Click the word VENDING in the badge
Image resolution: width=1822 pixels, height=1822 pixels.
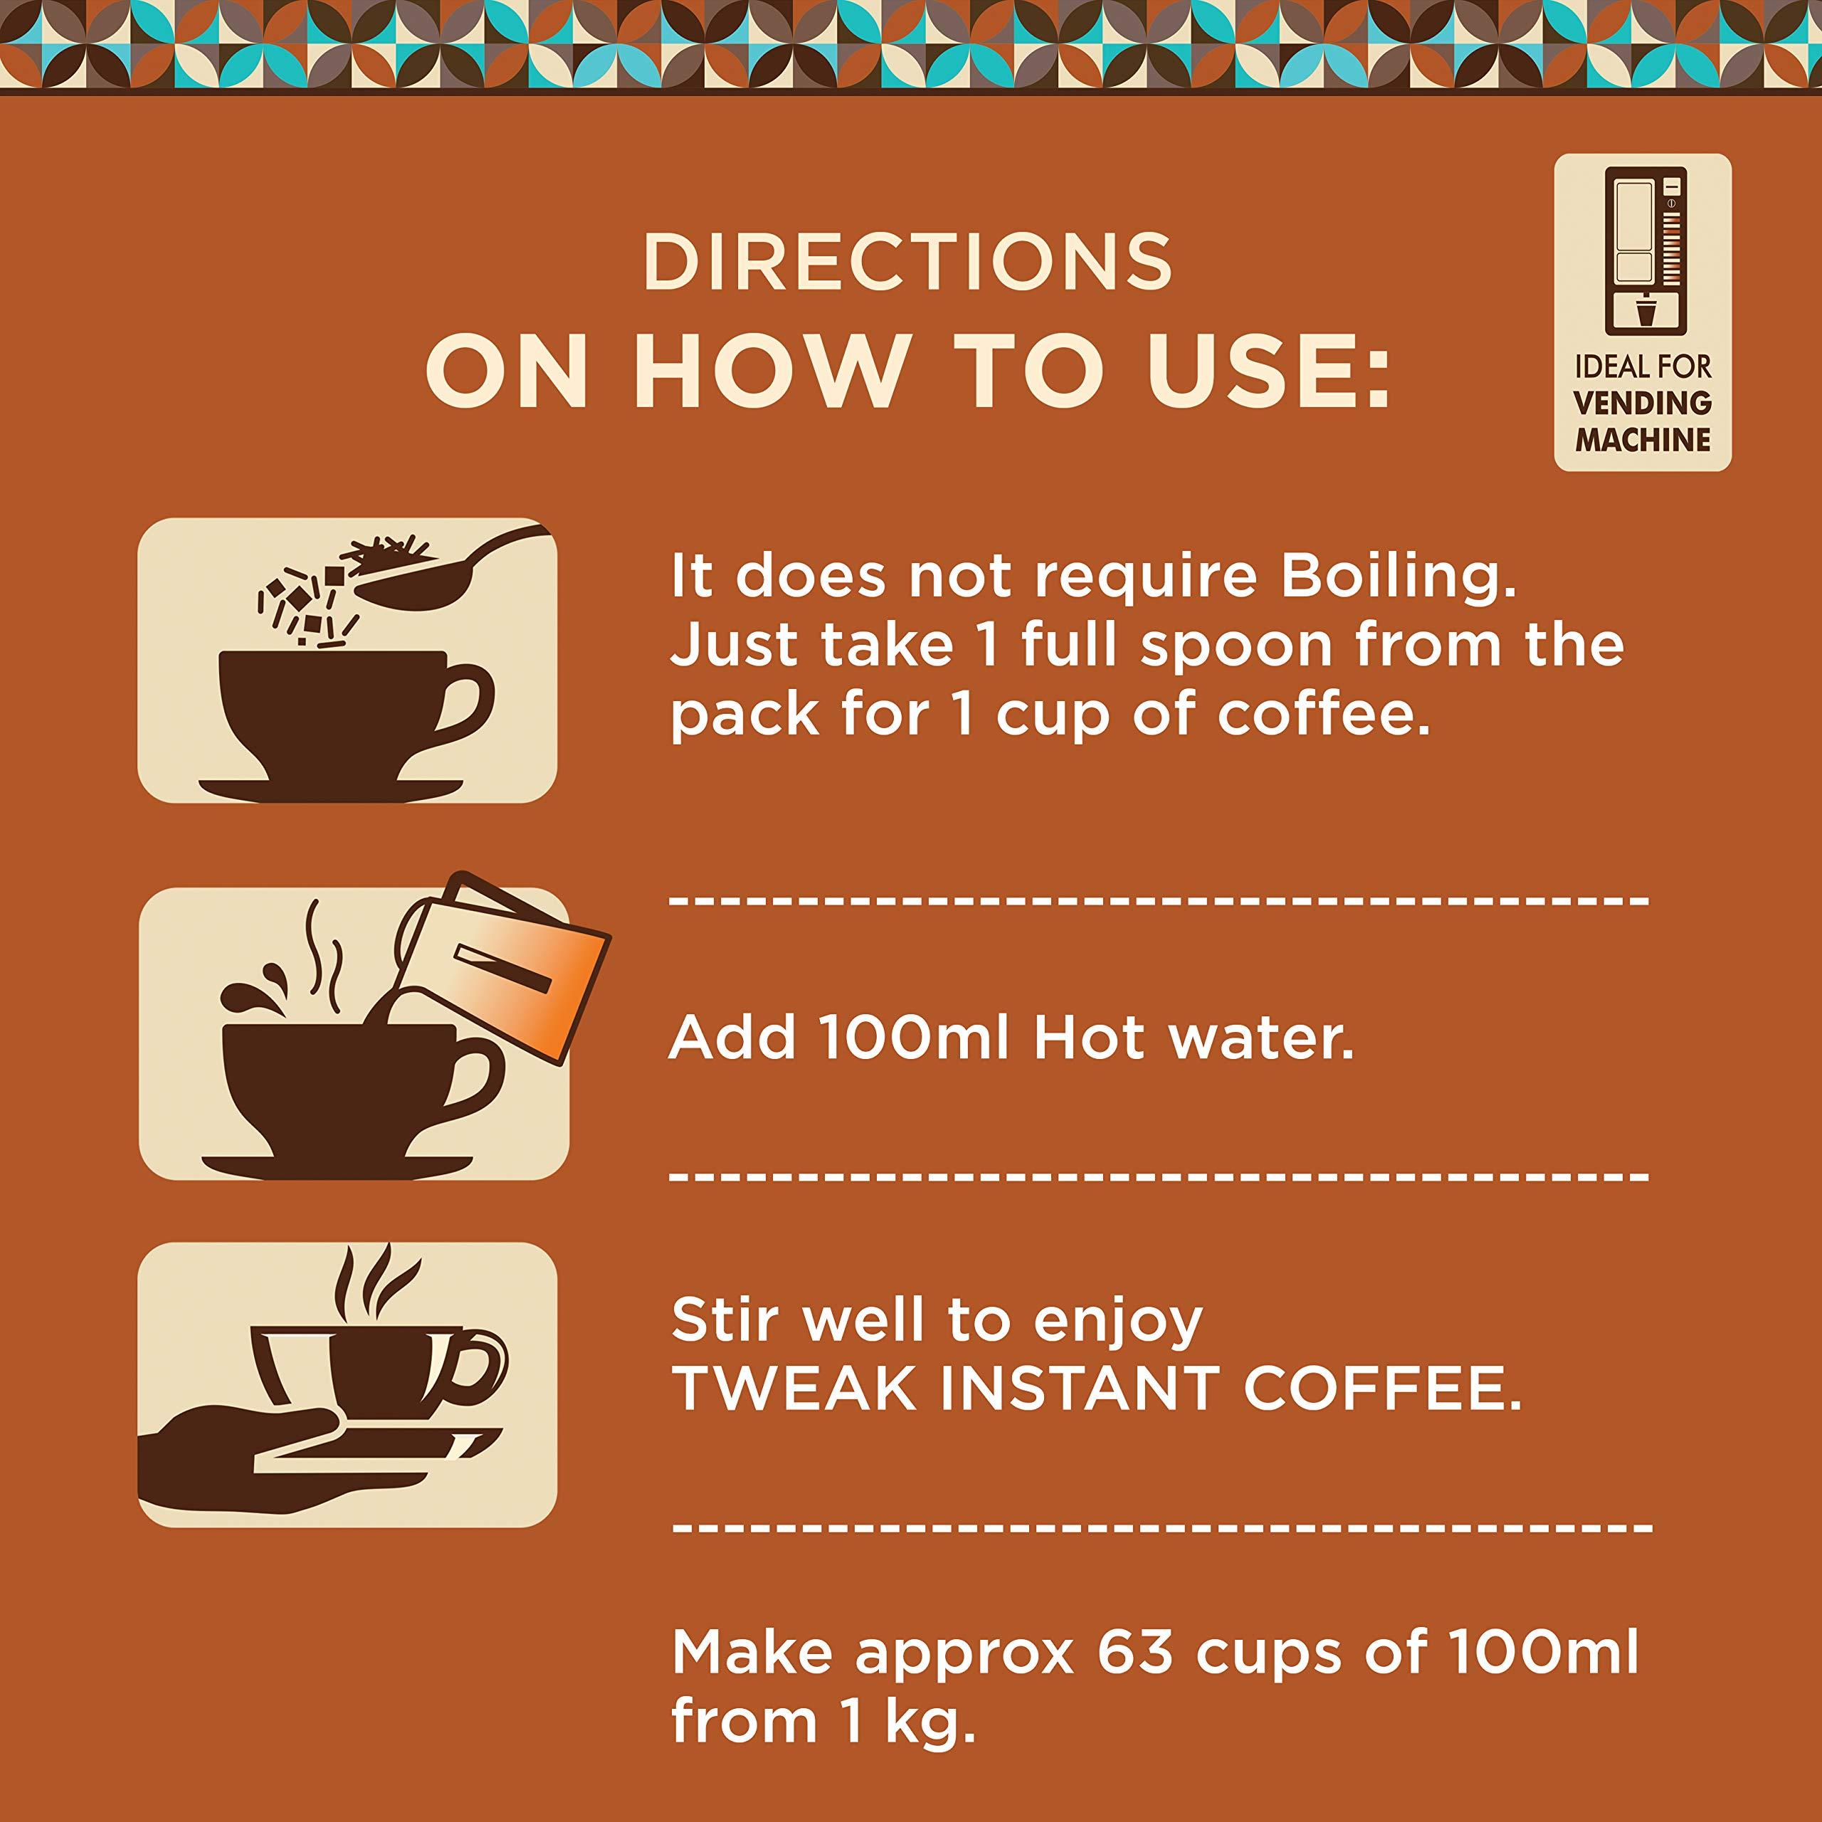tap(1643, 404)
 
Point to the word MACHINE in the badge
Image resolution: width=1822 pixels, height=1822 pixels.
tap(1643, 439)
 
